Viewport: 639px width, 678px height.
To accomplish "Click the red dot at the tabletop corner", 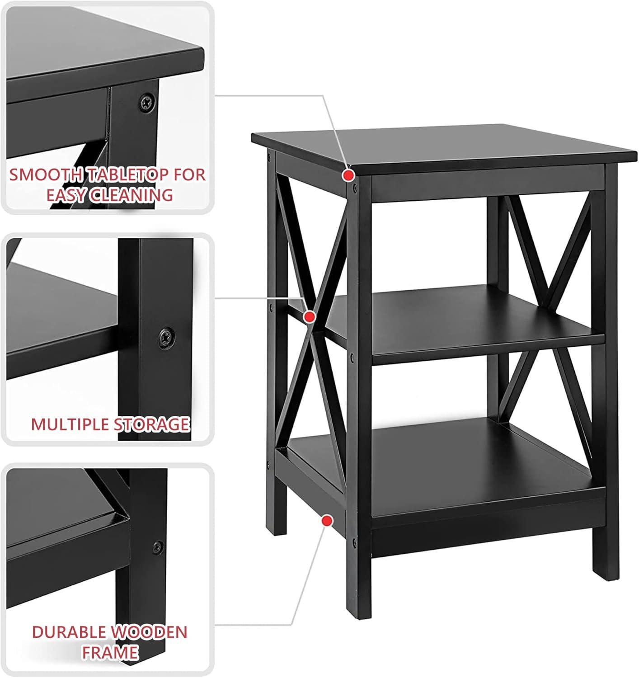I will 348,175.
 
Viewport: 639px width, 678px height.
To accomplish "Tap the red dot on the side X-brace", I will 310,316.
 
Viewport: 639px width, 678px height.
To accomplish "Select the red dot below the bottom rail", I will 325,521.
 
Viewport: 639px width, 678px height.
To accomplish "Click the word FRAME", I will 109,652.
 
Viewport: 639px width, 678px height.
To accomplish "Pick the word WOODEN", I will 149,632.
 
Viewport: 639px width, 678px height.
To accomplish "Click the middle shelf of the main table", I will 452,321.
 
